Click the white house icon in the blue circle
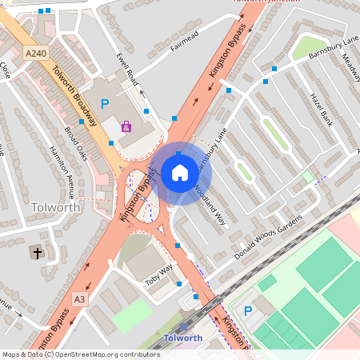coord(180,173)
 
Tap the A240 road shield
coord(35,54)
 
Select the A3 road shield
coord(79,299)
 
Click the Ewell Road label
coord(127,70)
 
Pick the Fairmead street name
coord(183,38)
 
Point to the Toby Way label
coord(159,274)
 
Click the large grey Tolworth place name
coord(54,207)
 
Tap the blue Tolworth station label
coord(182,338)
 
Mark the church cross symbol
coord(36,253)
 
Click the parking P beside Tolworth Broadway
coord(104,104)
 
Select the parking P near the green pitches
coord(247,311)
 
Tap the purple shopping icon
coord(126,126)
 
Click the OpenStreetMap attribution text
coord(81,354)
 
